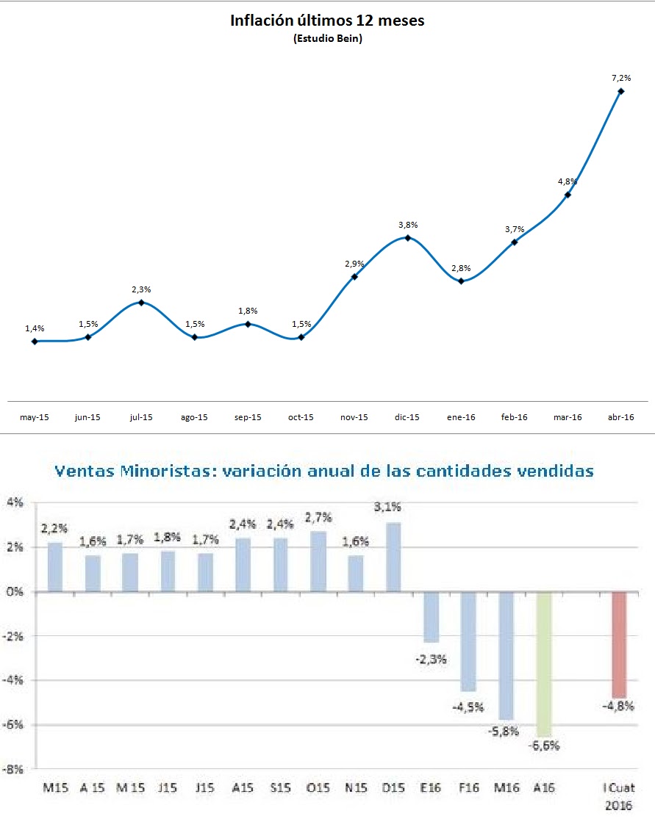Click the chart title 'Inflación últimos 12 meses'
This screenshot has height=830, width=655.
[x=327, y=21]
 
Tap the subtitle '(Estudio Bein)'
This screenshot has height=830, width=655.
[x=327, y=39]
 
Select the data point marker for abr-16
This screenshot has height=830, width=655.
[x=621, y=91]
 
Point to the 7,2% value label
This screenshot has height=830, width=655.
[x=621, y=77]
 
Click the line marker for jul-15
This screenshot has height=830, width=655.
[x=141, y=303]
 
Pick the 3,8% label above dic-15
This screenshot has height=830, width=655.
[x=407, y=225]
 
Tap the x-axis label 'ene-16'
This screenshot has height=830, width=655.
[x=461, y=417]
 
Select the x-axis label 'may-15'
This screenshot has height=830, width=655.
[x=35, y=417]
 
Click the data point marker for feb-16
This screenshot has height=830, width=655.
[x=515, y=242]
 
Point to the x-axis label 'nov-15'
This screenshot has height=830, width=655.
[x=354, y=417]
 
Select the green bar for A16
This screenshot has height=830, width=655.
[x=545, y=664]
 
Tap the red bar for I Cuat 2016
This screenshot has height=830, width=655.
[x=619, y=644]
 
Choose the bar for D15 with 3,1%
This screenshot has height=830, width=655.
[x=393, y=557]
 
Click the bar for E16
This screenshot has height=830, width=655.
[x=431, y=617]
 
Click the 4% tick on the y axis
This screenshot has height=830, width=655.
[x=16, y=503]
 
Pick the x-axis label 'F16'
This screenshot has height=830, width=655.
[x=468, y=788]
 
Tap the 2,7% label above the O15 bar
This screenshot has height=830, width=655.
[x=318, y=516]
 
